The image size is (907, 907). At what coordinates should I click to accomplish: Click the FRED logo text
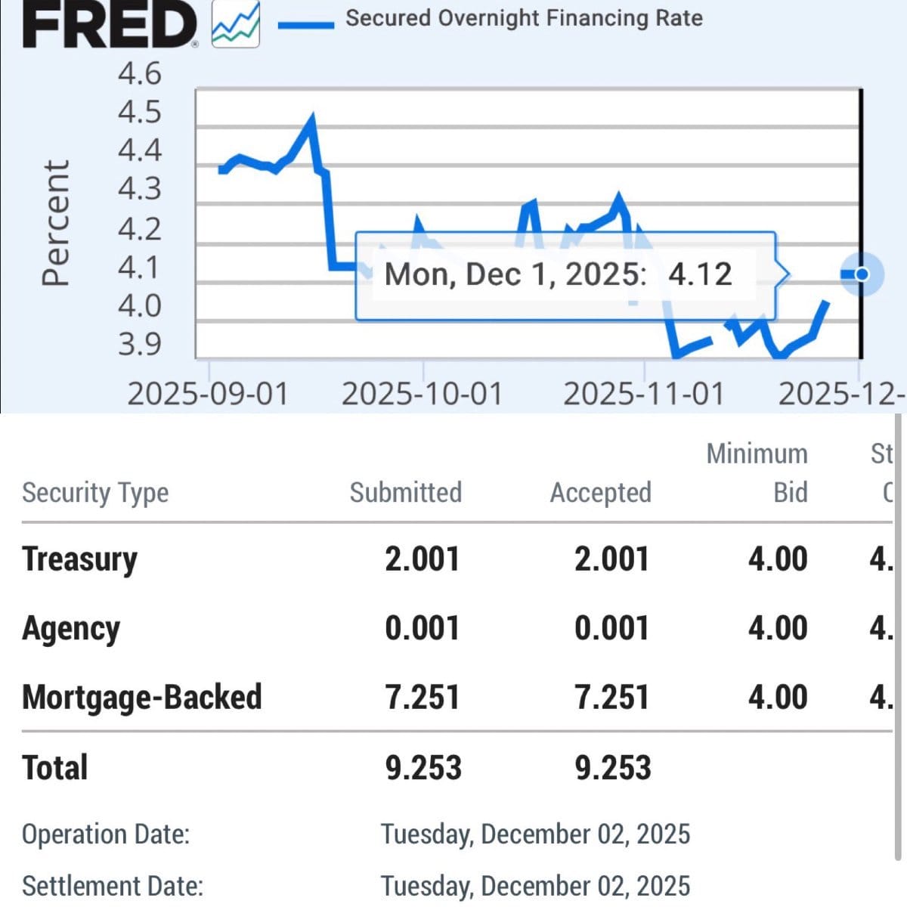110,24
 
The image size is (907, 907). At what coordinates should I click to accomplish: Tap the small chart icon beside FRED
235,25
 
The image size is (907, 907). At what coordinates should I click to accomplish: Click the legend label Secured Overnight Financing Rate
524,18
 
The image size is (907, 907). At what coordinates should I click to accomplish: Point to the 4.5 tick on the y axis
140,112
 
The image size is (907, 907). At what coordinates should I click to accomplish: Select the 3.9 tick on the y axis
140,344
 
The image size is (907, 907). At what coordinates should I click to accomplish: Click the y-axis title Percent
55,223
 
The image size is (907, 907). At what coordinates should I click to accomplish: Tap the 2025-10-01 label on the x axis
422,394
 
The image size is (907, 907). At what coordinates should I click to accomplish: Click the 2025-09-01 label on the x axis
208,394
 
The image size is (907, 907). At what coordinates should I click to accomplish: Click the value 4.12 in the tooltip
700,274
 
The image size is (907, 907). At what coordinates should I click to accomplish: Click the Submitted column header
405,492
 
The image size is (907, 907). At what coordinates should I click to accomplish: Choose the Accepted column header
600,492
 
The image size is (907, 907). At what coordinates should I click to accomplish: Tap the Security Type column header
95,493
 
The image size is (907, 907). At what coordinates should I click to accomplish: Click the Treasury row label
80,559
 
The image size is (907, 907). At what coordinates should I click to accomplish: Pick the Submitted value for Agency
422,628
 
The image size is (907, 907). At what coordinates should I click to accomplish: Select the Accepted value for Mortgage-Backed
611,697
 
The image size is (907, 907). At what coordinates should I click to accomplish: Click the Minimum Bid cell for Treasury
778,559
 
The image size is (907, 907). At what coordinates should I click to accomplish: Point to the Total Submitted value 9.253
423,767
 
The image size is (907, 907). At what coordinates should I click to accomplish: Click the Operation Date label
106,834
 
